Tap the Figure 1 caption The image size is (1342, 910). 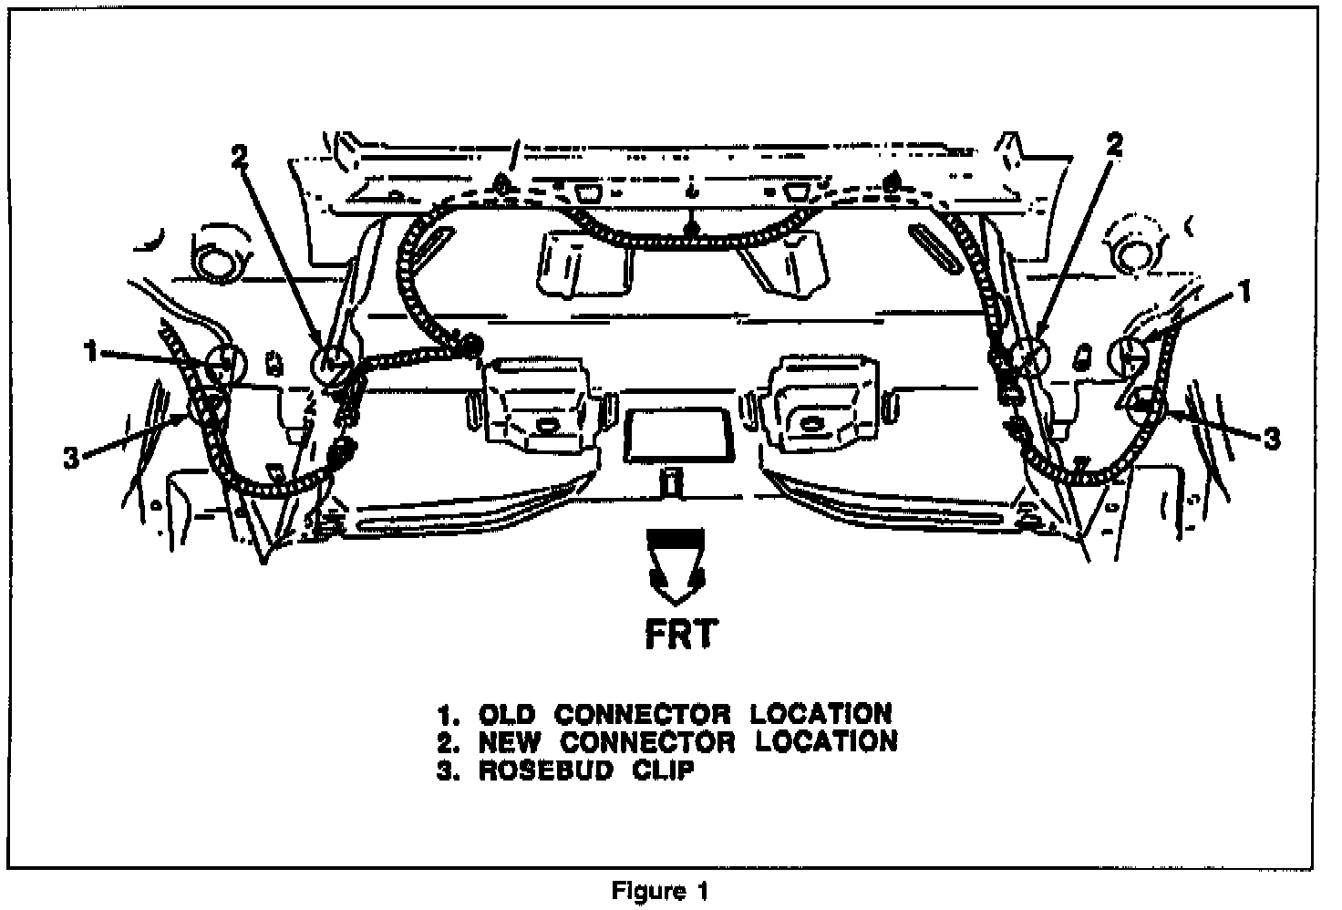(x=660, y=890)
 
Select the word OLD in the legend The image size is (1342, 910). (x=507, y=712)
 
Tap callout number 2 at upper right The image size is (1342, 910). (x=1114, y=144)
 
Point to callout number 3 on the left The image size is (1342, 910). (x=72, y=459)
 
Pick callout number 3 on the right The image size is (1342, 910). (x=1272, y=439)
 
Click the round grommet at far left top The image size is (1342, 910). (x=220, y=262)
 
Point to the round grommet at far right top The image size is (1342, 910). (x=1137, y=253)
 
